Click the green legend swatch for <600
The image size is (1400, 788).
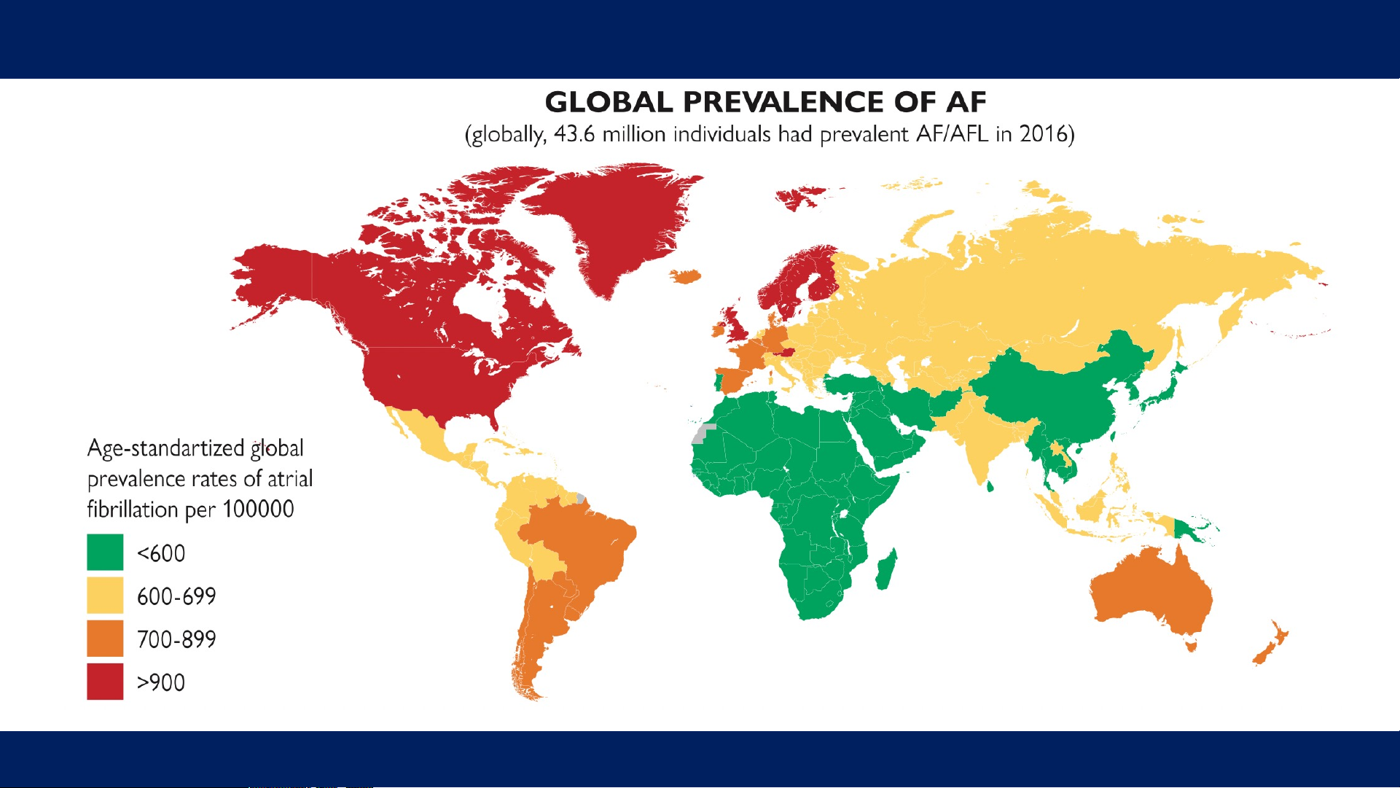tap(105, 553)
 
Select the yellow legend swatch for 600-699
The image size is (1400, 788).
tap(105, 596)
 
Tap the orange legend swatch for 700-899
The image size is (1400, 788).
tap(105, 639)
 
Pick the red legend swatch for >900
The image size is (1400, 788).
tap(105, 682)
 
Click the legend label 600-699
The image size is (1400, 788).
tap(176, 596)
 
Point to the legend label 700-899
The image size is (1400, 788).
tap(176, 639)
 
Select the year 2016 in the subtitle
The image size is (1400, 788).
tap(1043, 134)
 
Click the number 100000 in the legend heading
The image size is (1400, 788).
tap(258, 509)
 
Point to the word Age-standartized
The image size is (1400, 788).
tap(165, 448)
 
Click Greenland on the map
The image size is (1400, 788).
tap(612, 226)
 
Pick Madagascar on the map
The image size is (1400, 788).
tap(887, 569)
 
